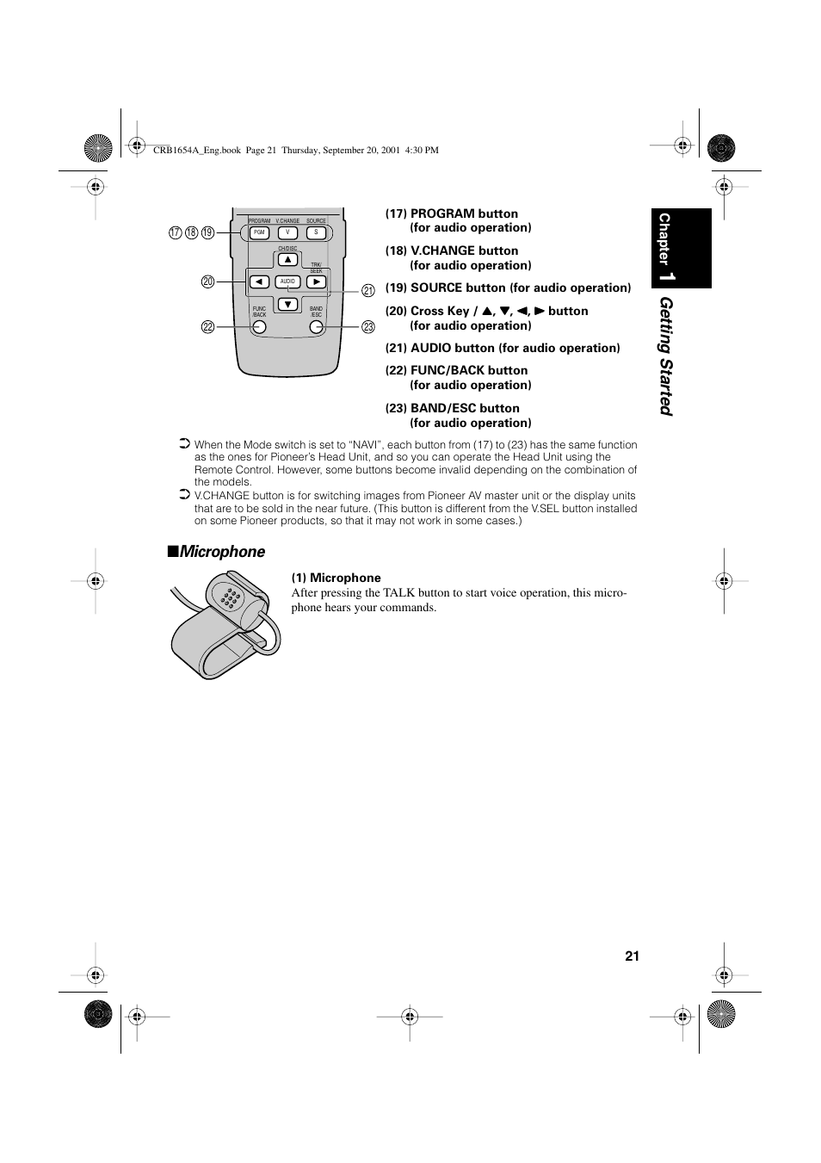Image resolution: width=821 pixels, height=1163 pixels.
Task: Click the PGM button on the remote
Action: point(259,232)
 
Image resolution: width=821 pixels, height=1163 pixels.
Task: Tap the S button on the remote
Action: point(316,232)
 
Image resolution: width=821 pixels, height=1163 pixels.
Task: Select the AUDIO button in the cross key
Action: point(287,281)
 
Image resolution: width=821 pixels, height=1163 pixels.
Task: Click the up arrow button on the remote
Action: point(287,260)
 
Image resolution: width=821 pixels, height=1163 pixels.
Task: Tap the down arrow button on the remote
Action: point(287,304)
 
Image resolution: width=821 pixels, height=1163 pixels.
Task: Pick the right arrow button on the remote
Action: point(316,281)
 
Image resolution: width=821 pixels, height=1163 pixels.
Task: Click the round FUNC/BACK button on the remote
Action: point(259,327)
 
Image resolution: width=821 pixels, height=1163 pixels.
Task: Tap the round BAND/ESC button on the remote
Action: point(316,327)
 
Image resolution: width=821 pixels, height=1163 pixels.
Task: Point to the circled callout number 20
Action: point(207,281)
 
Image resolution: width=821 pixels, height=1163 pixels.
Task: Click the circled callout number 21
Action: point(368,291)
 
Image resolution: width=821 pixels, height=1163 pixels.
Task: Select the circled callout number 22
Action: point(207,327)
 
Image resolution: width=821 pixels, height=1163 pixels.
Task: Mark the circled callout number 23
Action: point(368,327)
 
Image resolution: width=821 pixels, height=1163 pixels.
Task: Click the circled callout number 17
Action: point(175,232)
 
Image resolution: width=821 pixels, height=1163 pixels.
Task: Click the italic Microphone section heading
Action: point(223,552)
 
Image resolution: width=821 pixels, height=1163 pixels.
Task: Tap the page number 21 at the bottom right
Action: point(633,956)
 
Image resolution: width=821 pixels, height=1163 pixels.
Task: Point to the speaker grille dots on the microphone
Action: point(230,597)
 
